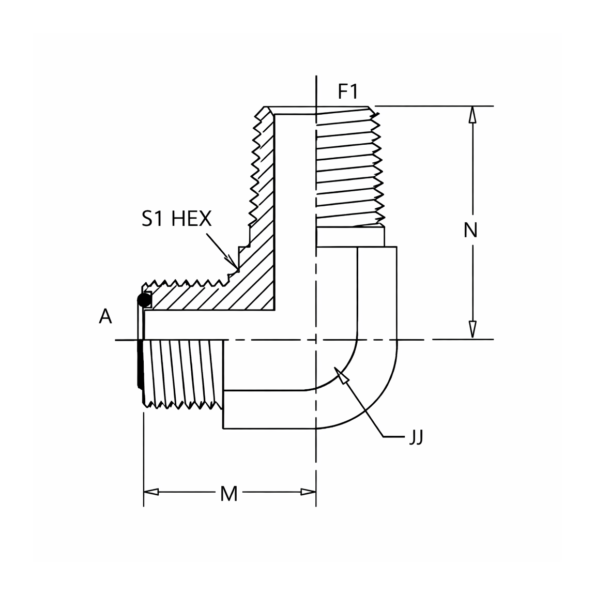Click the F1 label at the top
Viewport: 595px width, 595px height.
point(348,92)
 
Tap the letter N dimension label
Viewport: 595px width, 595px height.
point(470,230)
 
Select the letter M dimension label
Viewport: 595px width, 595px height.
point(229,494)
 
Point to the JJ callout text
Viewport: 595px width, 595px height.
point(416,437)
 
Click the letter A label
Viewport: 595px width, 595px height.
point(105,316)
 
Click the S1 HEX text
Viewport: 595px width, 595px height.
point(176,219)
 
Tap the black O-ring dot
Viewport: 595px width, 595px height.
point(143,300)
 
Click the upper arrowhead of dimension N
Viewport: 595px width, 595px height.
point(472,114)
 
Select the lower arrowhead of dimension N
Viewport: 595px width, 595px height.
point(472,330)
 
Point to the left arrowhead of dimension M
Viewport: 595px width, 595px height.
point(151,492)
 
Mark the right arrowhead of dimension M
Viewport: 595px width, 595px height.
point(308,492)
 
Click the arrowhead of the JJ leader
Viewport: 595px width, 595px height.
point(341,376)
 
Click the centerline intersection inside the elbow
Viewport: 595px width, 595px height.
point(316,340)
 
